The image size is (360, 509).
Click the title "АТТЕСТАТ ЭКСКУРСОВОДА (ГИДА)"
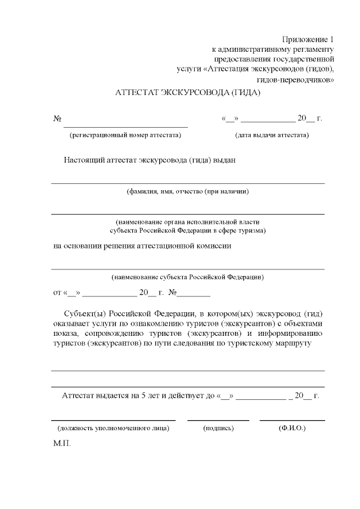[188, 92]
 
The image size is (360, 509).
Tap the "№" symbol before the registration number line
[57, 119]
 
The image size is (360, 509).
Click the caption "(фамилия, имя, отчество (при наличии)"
[188, 191]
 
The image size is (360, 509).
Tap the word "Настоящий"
[84, 160]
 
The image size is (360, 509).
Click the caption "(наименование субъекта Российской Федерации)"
[188, 277]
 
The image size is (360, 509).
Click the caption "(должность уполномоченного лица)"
[113, 429]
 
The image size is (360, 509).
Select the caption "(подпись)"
[218, 429]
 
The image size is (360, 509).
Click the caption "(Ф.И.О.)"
[292, 429]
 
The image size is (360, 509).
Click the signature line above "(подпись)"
[218, 420]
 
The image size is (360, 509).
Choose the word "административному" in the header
[252, 49]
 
